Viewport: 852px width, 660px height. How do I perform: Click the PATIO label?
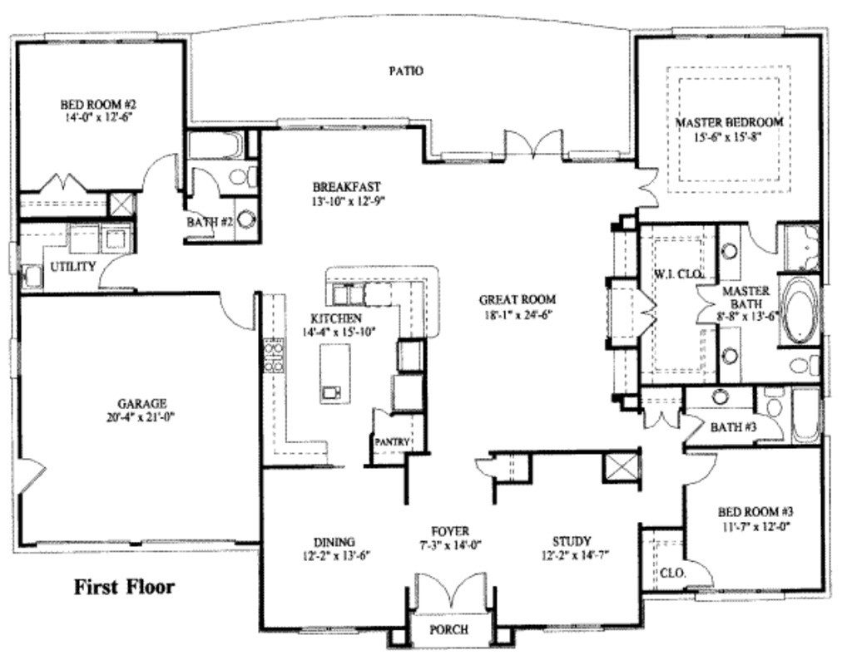406,71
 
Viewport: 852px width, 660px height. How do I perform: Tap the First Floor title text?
125,587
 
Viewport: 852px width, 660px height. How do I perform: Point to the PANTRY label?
391,442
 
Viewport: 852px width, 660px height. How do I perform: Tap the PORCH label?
448,629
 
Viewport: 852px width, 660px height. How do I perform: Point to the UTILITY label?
73,266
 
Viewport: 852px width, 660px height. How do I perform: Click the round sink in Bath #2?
246,219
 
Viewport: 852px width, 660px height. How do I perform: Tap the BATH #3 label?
732,427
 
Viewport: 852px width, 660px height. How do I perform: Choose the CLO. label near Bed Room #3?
672,573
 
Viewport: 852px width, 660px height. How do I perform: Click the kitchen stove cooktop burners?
272,357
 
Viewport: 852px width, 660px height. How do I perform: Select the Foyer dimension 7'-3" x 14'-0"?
450,544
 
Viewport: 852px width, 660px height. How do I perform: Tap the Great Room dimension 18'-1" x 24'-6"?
517,313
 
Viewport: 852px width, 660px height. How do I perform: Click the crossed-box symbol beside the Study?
622,465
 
